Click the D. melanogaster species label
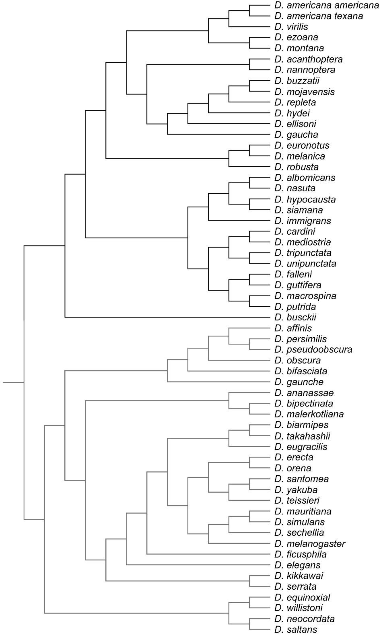click(x=309, y=544)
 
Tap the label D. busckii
click(x=295, y=317)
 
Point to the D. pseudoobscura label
click(x=313, y=350)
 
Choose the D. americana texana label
click(x=318, y=16)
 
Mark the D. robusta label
click(x=296, y=167)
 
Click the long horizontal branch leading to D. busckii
click(x=168, y=317)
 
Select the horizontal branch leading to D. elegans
click(x=198, y=565)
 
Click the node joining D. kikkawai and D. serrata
click(x=249, y=581)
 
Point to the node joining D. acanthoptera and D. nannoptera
click(x=249, y=64)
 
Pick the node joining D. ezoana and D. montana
click(x=249, y=43)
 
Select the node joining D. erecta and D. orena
click(x=249, y=463)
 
